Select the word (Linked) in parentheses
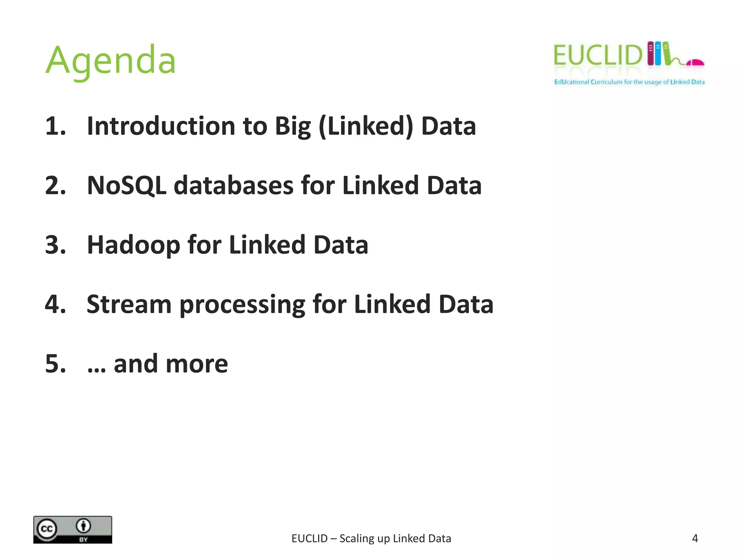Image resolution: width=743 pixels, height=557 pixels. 366,126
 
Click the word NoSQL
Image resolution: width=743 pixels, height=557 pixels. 127,186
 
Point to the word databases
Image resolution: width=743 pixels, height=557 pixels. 234,186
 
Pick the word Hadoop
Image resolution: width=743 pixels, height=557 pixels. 133,245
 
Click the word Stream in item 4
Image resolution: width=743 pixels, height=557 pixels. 129,304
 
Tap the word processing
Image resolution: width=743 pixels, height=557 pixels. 242,305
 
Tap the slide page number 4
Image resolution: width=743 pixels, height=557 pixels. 695,539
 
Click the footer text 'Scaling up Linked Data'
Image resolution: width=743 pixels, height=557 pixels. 395,539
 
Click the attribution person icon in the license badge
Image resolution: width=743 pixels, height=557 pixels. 84,525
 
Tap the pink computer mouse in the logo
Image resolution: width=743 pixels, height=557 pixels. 695,63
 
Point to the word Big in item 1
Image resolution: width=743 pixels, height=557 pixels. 293,126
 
